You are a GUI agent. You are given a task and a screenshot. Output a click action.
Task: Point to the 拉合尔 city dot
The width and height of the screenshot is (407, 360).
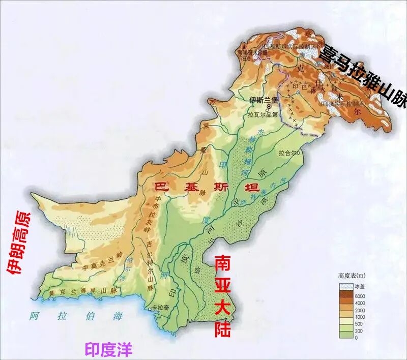[300, 152]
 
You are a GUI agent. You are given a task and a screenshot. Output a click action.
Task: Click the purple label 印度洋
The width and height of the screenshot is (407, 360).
[108, 349]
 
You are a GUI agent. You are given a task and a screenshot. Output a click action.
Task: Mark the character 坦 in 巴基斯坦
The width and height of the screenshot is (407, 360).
[251, 187]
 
